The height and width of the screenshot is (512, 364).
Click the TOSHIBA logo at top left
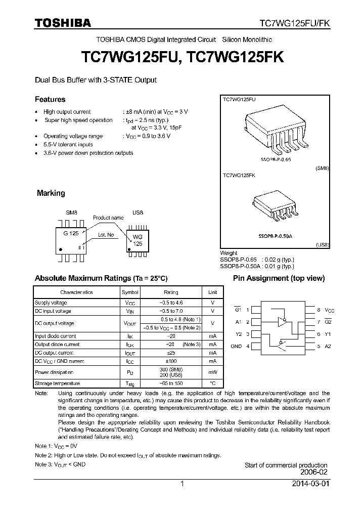(63, 23)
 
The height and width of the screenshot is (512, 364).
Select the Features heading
(50, 99)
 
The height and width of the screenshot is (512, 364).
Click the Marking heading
(51, 193)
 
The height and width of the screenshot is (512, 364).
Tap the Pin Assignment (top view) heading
(279, 278)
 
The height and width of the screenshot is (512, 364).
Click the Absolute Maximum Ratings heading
(101, 278)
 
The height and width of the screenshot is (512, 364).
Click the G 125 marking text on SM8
(71, 234)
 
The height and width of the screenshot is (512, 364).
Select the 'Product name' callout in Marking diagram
(108, 218)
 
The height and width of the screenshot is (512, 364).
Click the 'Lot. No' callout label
(106, 235)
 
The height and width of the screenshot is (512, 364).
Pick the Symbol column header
(129, 292)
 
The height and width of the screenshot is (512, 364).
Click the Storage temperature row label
(57, 383)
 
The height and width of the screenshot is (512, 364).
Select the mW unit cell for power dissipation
(212, 372)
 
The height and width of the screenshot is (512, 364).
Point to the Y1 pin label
(327, 334)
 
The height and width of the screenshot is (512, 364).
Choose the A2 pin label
(327, 347)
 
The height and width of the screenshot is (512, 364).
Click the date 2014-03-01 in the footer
(310, 484)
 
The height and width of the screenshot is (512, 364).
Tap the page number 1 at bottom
(182, 484)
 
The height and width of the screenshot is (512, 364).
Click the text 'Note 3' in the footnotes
(43, 464)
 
